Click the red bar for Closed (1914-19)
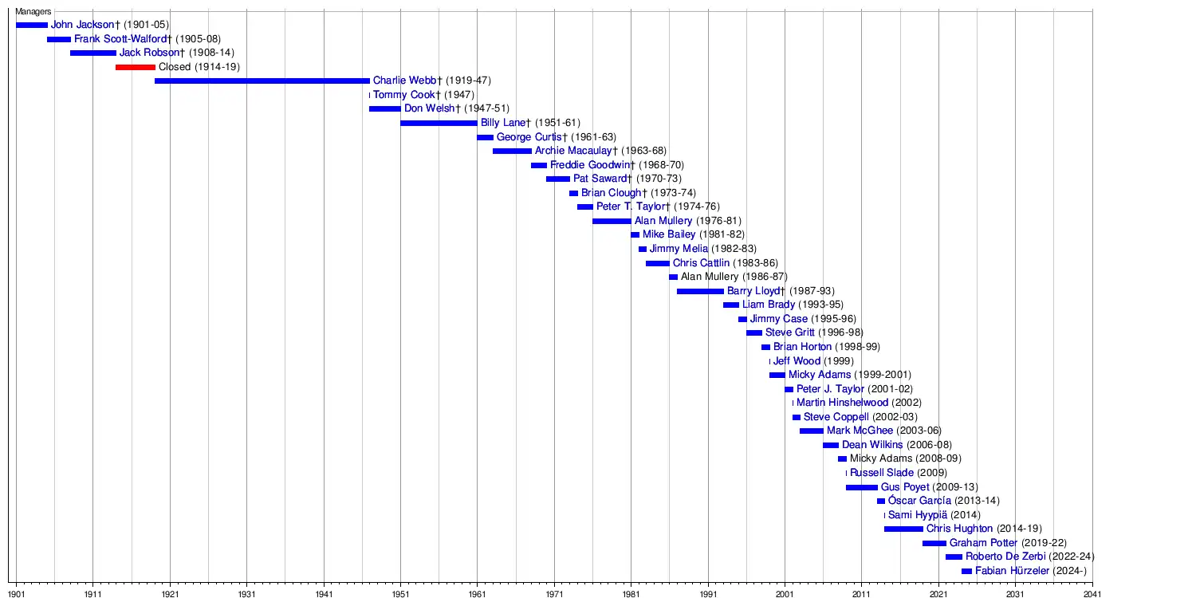135,67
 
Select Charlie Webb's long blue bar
262,81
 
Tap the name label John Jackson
83,25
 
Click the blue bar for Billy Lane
439,123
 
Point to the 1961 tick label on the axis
477,593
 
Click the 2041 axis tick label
1092,593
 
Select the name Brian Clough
611,193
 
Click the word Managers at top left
33,12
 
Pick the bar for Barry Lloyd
700,291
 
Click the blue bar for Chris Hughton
903,529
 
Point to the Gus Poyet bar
861,487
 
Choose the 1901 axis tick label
16,593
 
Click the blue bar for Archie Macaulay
512,151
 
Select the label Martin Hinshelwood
842,403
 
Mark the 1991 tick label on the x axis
708,593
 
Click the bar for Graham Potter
934,543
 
